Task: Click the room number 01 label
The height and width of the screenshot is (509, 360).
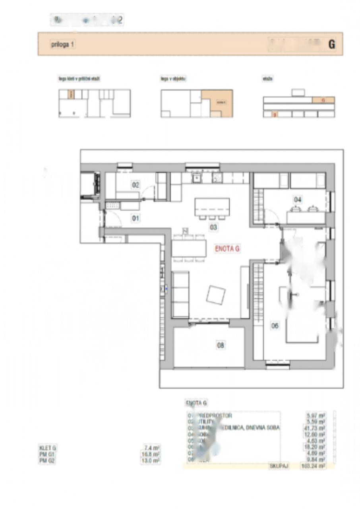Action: tap(135, 218)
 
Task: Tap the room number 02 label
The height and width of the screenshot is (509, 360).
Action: tap(135, 185)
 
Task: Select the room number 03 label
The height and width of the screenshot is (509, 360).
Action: tap(214, 227)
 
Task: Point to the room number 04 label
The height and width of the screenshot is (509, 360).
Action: tap(298, 199)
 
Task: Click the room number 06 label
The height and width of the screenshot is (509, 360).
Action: tap(275, 326)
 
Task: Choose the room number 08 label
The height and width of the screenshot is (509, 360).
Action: tap(220, 345)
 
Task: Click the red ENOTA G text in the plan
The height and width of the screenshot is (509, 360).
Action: tap(228, 249)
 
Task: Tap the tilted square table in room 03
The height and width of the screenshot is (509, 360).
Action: tap(216, 295)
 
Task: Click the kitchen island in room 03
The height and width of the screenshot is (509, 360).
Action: tap(212, 207)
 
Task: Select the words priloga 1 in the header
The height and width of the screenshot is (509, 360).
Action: tap(62, 45)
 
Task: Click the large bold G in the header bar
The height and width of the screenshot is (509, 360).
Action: tap(331, 45)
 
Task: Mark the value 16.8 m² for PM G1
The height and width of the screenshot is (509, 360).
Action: tap(152, 455)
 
